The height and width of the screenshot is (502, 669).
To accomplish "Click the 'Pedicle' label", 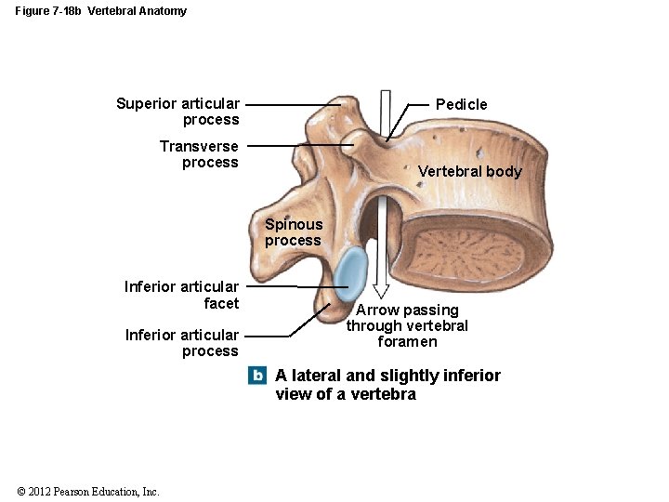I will [461, 104].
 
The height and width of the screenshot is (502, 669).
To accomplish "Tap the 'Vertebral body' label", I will [469, 171].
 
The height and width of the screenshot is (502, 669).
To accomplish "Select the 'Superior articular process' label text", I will [177, 112].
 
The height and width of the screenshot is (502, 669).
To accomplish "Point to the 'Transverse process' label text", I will [199, 154].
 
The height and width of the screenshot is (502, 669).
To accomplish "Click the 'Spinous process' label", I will [293, 232].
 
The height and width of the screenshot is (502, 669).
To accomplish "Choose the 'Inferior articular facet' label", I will [182, 295].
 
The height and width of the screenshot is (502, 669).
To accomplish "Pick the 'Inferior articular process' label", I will [182, 343].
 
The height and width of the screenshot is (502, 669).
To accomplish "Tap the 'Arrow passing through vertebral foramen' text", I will [407, 325].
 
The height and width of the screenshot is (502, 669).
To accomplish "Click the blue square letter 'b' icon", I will [257, 376].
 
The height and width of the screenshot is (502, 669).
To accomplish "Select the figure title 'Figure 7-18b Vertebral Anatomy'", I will [100, 11].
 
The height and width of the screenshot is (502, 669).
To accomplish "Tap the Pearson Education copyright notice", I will [88, 492].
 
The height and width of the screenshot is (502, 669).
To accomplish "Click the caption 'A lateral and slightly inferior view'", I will [387, 384].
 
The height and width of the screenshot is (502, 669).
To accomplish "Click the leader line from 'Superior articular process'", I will [293, 105].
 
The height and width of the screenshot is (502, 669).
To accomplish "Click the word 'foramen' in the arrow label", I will [407, 341].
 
